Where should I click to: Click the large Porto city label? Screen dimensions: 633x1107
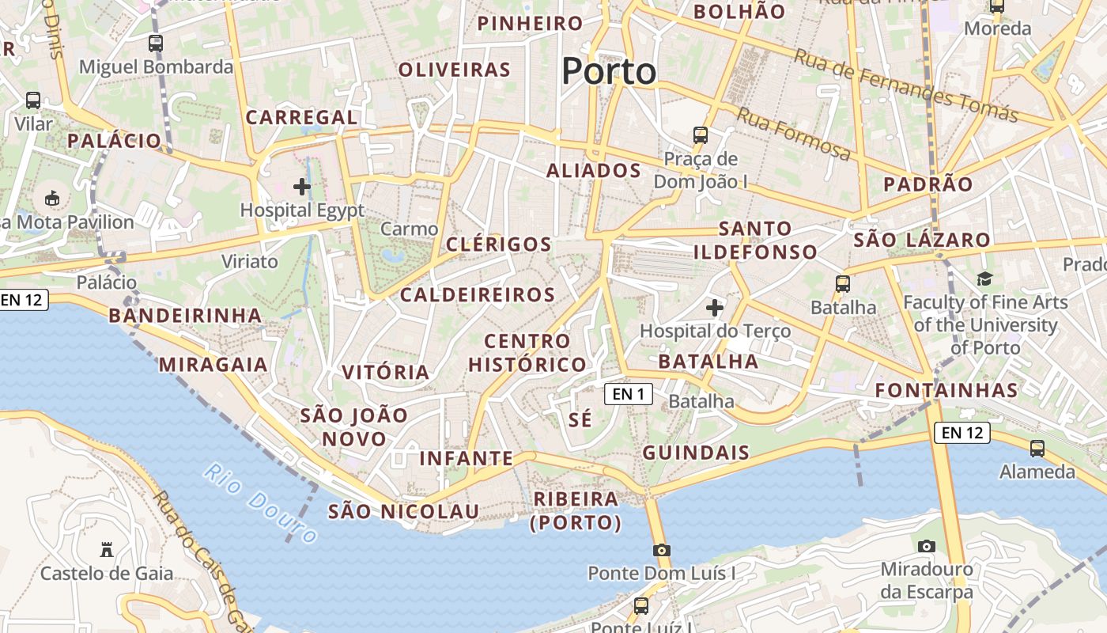point(609,71)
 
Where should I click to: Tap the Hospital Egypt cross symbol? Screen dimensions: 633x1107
point(302,187)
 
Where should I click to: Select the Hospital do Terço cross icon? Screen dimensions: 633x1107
point(715,307)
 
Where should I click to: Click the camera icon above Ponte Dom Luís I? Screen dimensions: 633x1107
point(662,550)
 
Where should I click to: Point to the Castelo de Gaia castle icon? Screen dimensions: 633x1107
point(107,550)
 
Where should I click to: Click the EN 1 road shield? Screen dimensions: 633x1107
point(629,393)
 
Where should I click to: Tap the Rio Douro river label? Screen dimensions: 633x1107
point(260,503)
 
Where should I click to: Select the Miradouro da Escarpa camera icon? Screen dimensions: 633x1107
point(927,546)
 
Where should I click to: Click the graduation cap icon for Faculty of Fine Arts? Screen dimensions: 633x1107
point(984,279)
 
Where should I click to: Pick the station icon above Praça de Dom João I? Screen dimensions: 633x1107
point(701,135)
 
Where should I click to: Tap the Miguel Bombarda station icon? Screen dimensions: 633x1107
point(156,44)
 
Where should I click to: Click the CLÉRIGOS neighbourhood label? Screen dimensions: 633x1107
point(498,244)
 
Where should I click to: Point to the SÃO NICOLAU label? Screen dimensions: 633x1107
point(403,511)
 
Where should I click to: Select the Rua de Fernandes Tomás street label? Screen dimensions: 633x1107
point(905,85)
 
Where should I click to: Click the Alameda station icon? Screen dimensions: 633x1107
point(1037,449)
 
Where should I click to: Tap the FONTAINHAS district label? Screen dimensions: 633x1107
point(946,390)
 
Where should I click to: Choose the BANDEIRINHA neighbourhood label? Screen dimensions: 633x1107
point(185,315)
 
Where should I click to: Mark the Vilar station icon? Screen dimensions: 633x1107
point(33,100)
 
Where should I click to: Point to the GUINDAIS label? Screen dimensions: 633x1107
point(696,453)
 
